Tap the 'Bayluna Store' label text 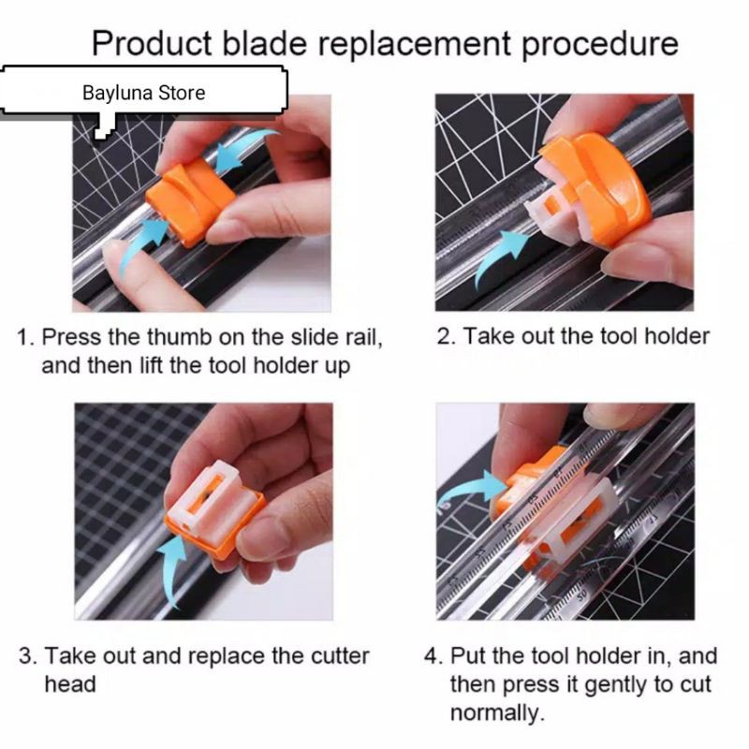144,93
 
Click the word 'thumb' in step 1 179,337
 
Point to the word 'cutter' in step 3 340,656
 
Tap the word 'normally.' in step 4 497,712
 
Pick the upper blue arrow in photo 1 243,149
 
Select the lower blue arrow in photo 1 141,245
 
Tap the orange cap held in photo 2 602,186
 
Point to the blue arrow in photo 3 173,568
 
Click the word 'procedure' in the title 599,44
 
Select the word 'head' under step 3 70,684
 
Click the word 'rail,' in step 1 364,337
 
